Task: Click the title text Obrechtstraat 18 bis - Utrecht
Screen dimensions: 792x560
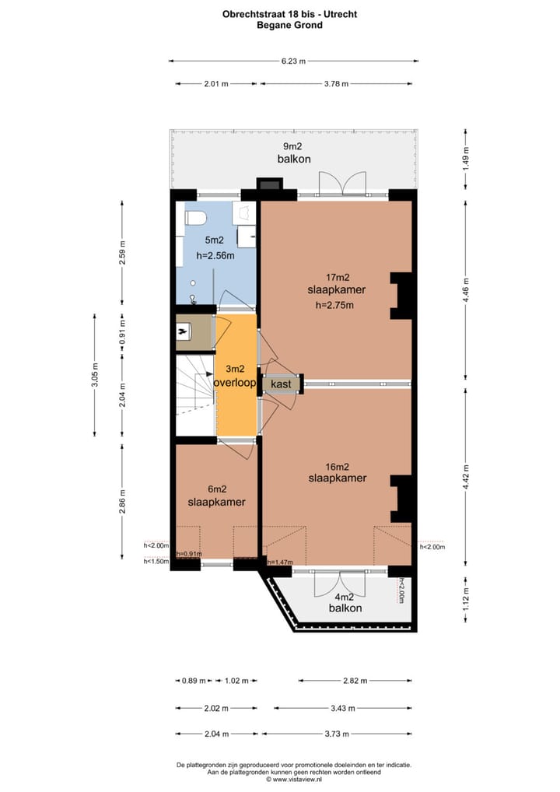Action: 289,14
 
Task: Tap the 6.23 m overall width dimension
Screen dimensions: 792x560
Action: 293,61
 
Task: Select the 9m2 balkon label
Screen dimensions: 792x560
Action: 294,152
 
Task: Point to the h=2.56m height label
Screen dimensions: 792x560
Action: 214,255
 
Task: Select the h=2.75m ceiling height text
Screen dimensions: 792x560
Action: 335,305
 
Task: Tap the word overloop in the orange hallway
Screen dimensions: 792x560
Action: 236,384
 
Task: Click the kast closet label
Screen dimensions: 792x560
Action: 281,384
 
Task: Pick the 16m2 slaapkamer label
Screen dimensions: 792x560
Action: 337,471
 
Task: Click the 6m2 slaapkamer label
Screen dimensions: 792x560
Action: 216,496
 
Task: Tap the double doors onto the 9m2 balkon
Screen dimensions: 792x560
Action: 341,185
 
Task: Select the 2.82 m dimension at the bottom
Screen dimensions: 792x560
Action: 355,681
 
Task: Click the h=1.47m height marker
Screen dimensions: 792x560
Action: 279,562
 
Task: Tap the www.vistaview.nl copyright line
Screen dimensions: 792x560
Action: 293,778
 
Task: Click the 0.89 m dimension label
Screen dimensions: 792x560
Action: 194,681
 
